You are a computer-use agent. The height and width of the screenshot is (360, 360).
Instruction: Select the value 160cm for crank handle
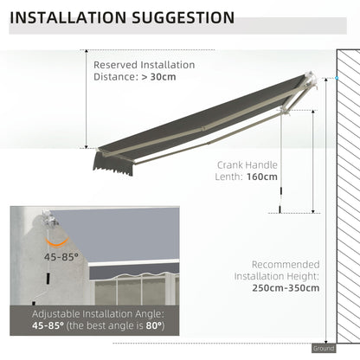(261, 177)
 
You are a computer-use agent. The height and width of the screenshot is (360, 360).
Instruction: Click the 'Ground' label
(323, 348)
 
